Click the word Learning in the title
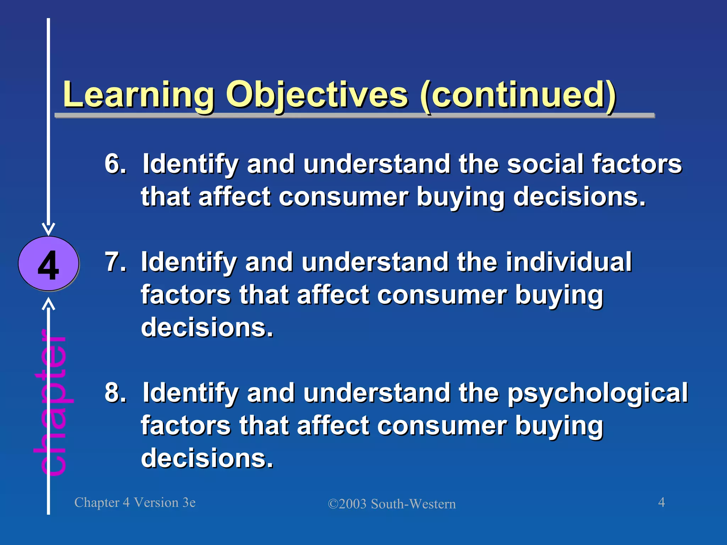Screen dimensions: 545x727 tap(138, 95)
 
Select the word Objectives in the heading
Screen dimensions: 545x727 tap(317, 95)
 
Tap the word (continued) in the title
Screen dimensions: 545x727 tap(518, 95)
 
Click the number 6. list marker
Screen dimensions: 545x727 tap(115, 164)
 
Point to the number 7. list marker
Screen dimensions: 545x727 tap(115, 262)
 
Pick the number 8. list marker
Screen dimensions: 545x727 tap(115, 393)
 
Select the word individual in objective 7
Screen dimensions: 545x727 tap(569, 262)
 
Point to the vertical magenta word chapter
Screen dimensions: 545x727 tap(53, 403)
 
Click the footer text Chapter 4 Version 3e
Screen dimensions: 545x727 tap(135, 502)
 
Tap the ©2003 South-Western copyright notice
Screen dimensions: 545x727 tap(392, 504)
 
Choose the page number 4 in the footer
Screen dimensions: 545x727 tap(661, 502)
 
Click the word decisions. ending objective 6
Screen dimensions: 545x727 tap(579, 197)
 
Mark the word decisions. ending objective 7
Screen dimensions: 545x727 tap(207, 327)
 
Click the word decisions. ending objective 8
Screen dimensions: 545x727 tap(207, 458)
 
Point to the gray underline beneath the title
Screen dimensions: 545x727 tap(355, 116)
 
